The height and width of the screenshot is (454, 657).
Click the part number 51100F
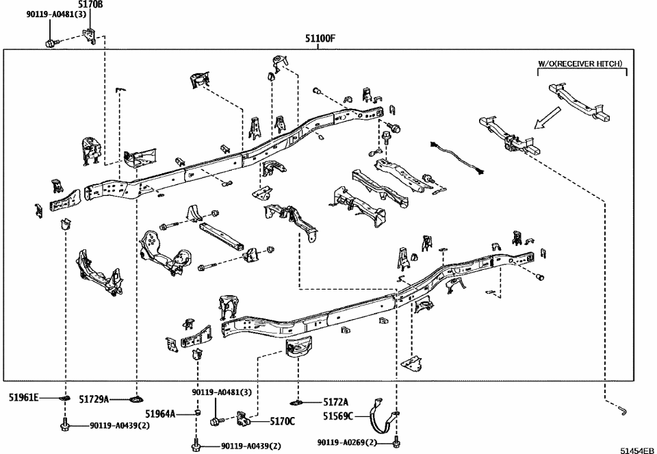point(320,38)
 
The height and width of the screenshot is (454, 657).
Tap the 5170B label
point(90,4)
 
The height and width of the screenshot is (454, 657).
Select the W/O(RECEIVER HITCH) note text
point(580,64)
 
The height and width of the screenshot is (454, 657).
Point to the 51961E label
point(25,397)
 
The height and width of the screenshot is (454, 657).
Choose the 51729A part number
point(94,399)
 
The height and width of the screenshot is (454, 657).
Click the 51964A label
point(160,414)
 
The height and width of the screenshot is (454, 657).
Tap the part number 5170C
point(281,421)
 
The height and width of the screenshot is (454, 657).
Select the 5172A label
point(335,402)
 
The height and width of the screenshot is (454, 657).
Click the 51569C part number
point(339,416)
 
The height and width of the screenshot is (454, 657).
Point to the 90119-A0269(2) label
point(347,443)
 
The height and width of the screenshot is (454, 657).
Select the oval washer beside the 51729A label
point(137,399)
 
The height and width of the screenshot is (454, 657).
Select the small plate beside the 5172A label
point(298,401)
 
